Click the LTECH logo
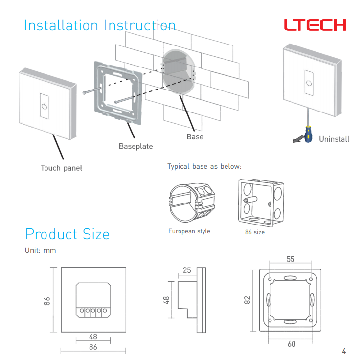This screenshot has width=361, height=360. [315, 25]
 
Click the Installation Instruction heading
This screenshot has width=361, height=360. [99, 25]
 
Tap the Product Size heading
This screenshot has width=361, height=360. [67, 234]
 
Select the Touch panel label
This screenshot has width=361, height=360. [61, 168]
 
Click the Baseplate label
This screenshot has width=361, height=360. [135, 146]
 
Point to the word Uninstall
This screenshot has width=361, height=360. [334, 139]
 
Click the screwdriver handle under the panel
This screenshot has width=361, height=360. [308, 134]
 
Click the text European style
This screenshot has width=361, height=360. [189, 231]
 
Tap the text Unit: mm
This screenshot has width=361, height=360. [41, 250]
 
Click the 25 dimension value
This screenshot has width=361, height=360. [187, 270]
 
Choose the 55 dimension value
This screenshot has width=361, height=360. [291, 259]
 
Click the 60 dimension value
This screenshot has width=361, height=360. [291, 344]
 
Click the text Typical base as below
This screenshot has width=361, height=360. [204, 167]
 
